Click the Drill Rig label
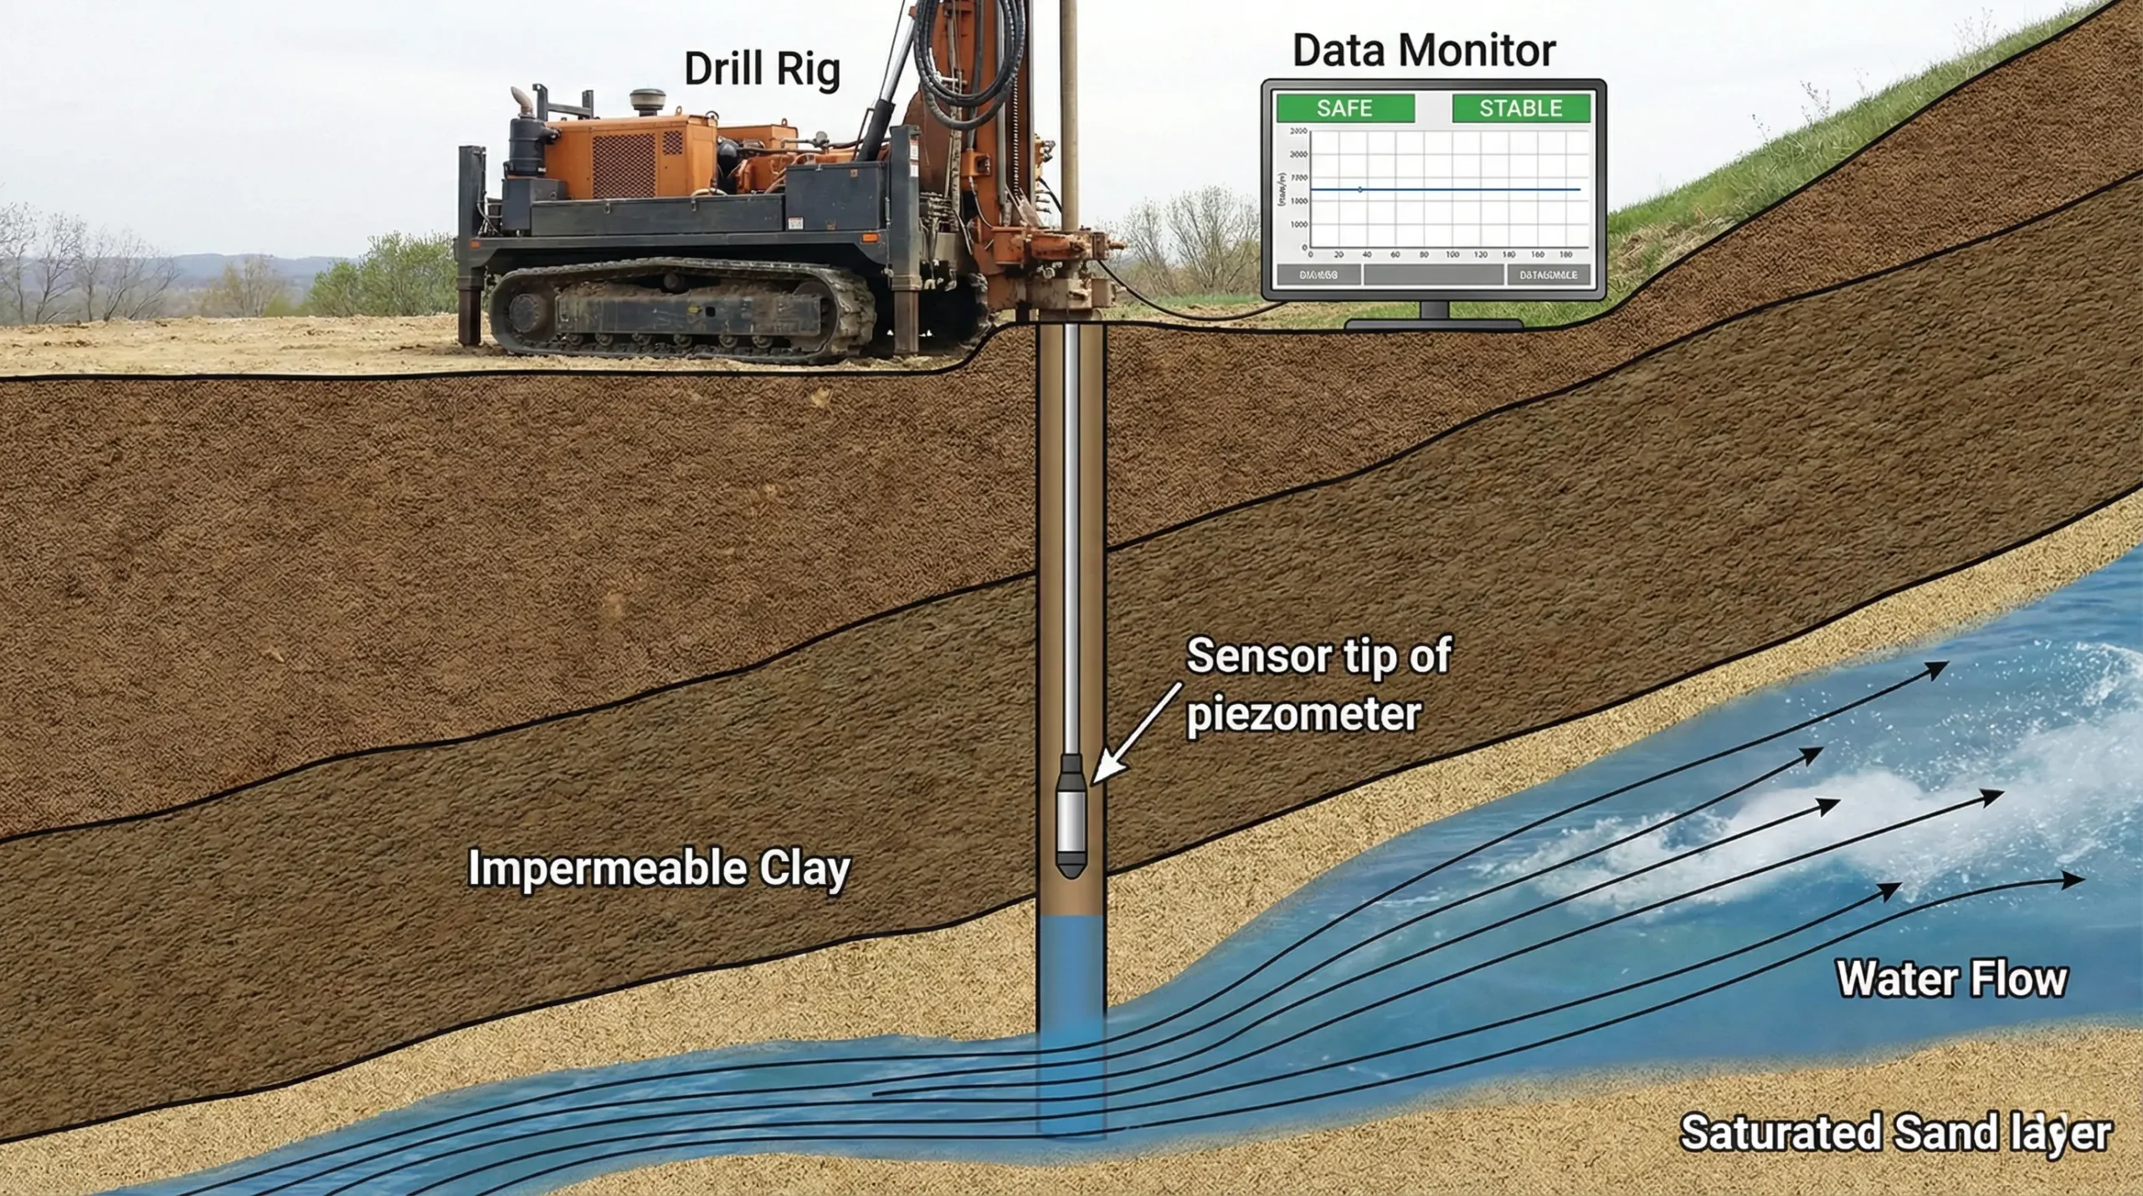coord(762,69)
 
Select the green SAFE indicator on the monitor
coord(1344,109)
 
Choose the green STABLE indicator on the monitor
coord(1520,109)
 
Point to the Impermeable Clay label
coord(659,869)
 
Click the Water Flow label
coord(1951,978)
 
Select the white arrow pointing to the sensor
coord(1134,733)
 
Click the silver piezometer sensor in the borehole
coord(1071,820)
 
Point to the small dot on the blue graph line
coord(1360,190)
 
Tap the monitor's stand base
coord(1433,323)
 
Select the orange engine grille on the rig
coord(624,164)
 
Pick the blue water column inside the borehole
coord(1071,979)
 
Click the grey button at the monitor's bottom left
coord(1318,275)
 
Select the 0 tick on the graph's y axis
coord(1304,249)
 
